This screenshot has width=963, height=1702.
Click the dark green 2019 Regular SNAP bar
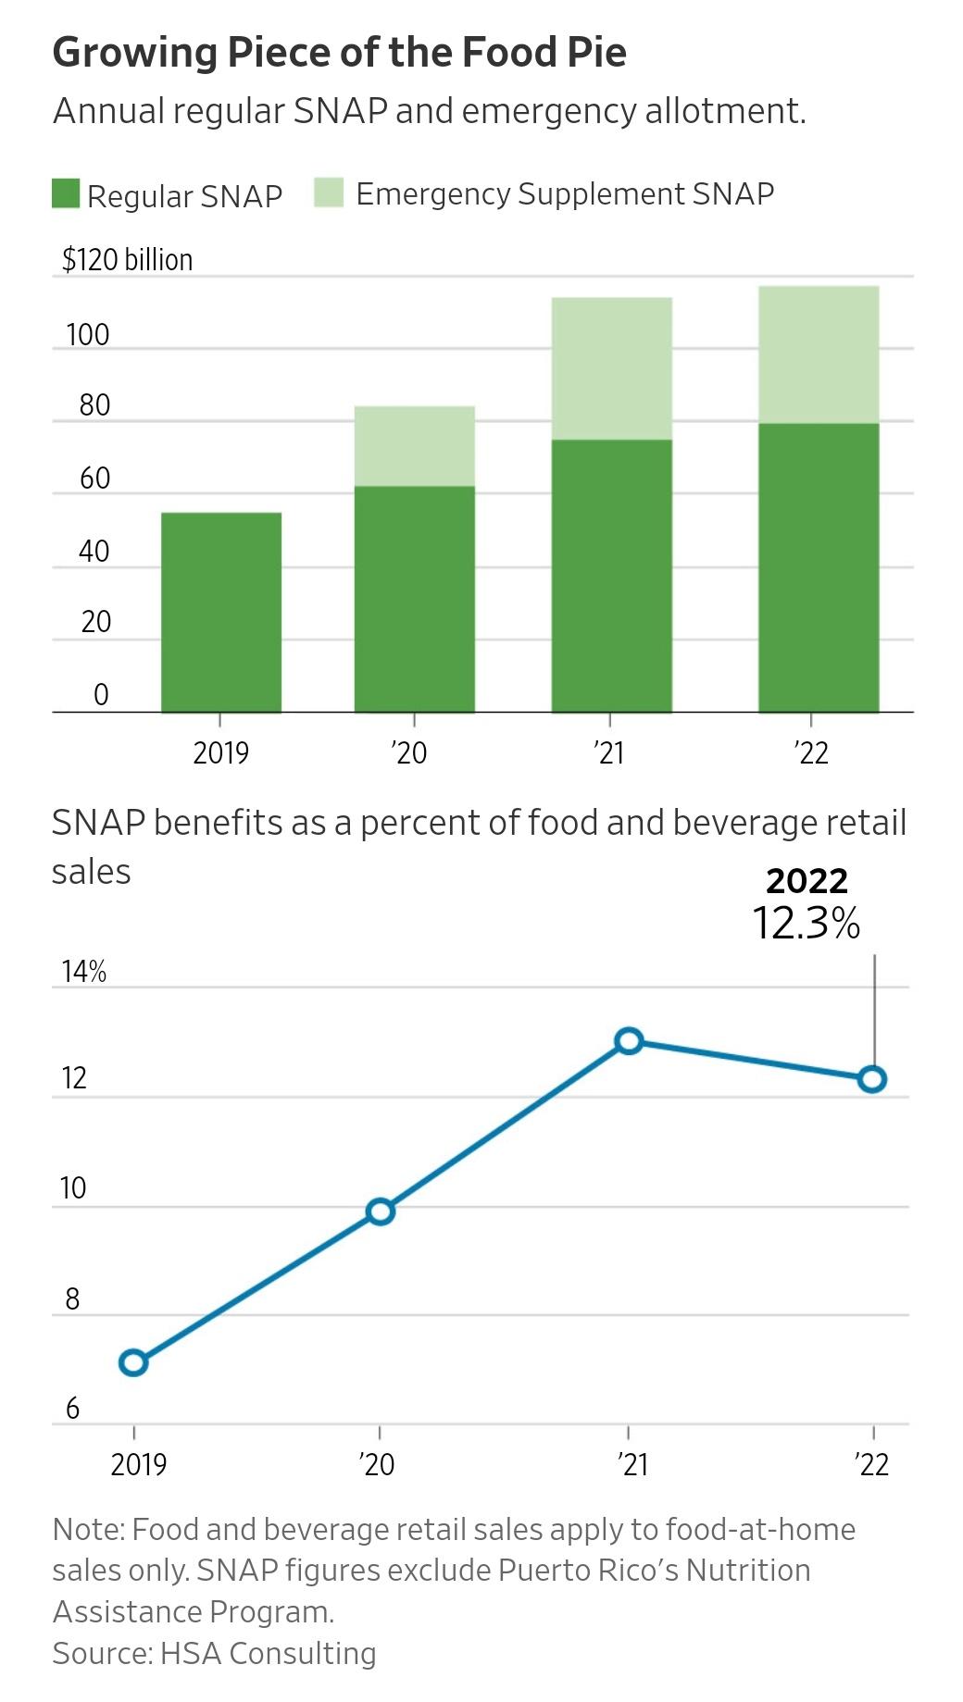pos(221,612)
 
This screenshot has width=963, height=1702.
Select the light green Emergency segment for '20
pos(414,446)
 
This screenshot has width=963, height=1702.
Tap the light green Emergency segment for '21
pos(611,368)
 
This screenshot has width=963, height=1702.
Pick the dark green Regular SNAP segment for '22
pos(818,567)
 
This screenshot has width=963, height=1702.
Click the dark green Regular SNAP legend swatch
pos(66,194)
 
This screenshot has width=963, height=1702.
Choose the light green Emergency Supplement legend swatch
pos(329,193)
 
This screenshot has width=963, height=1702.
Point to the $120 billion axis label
pos(127,260)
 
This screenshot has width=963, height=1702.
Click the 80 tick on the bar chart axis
pos(94,405)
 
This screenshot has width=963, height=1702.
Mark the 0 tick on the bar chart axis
pos(101,694)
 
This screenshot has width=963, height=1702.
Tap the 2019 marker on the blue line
pos(133,1362)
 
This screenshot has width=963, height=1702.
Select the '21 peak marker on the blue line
pos(629,1041)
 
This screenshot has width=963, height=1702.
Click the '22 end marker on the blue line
pos(872,1079)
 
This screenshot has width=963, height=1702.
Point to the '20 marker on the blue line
pos(381,1211)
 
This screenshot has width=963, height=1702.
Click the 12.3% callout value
pos(806,924)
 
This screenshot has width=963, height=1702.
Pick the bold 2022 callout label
pos(807,880)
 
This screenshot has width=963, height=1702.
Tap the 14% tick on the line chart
pos(83,972)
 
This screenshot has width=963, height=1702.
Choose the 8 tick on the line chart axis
pos(72,1299)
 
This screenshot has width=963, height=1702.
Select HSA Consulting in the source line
pos(268,1653)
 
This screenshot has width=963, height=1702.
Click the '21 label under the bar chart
pos(610,753)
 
